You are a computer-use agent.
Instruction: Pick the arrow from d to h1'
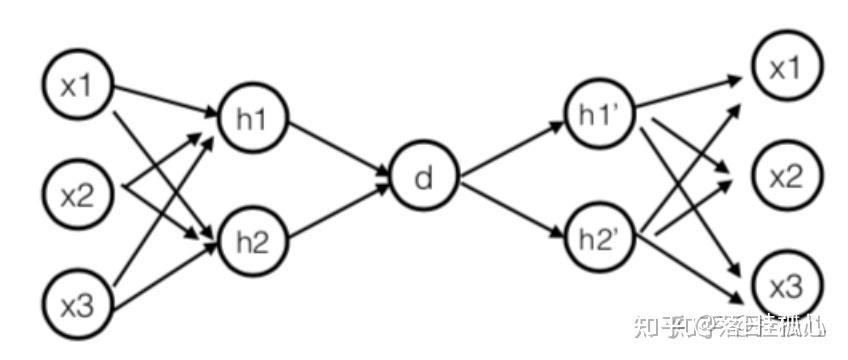click(510, 150)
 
